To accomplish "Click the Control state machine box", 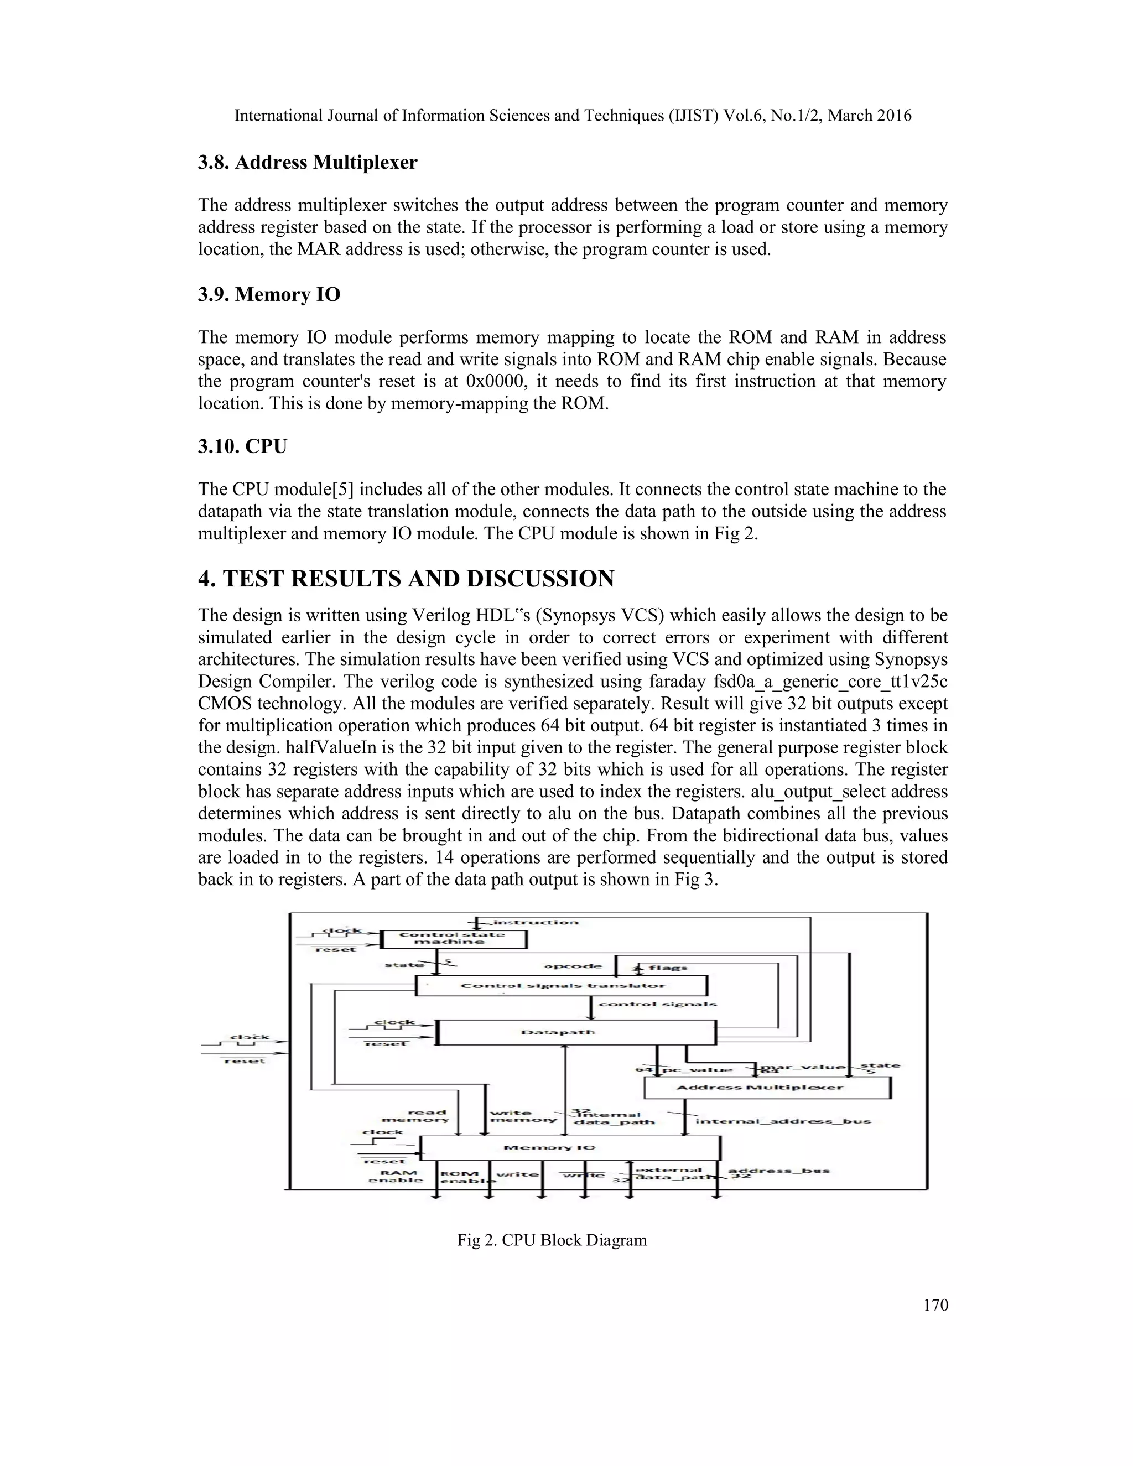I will click(x=452, y=938).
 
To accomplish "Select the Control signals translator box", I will click(x=562, y=985).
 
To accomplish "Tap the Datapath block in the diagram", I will click(x=576, y=1032).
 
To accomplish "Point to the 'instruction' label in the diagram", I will click(x=536, y=922).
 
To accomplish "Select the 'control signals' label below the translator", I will click(x=657, y=1004).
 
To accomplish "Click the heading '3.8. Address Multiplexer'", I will click(x=308, y=163).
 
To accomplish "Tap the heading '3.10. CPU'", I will click(x=242, y=446).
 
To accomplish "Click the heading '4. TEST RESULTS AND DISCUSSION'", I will click(x=406, y=579).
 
